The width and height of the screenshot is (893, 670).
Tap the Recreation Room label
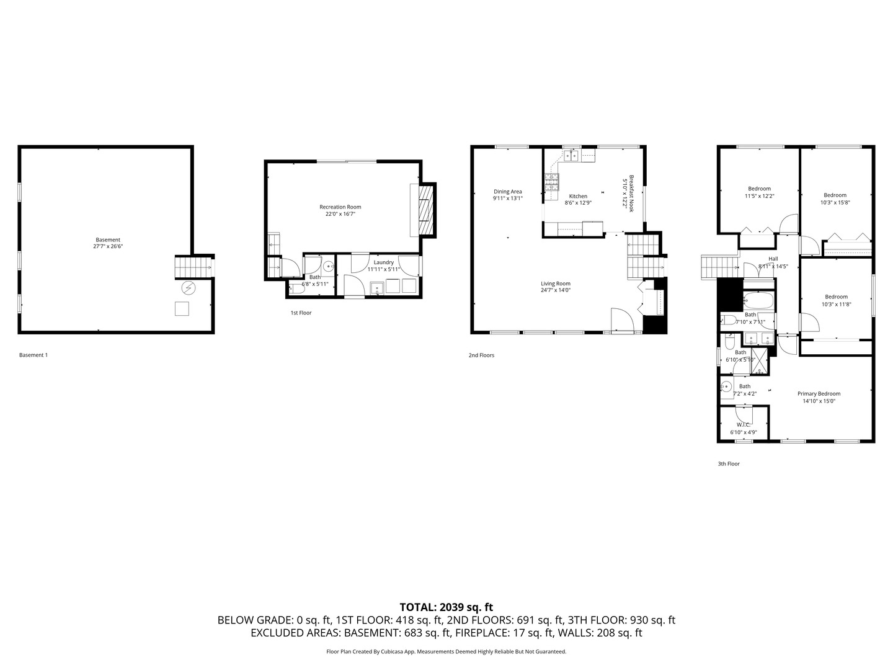coord(340,207)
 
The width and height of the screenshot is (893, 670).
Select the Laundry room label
coord(383,262)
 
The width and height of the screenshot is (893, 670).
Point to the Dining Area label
coord(507,192)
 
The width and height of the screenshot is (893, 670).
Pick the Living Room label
coord(555,284)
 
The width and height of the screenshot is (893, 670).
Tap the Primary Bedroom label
coord(819,394)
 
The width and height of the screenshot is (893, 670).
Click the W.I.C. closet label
coord(743,425)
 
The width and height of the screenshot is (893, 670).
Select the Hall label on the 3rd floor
coord(773,259)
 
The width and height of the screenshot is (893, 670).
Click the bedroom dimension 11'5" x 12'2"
coord(759,196)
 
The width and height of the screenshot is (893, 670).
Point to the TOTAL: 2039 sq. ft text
coord(446,607)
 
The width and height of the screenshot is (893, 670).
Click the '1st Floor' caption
coord(301,313)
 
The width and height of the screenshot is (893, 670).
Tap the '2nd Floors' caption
coord(481,355)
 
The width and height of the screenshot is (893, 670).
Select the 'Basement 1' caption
coord(33,355)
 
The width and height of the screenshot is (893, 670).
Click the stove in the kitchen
coord(551,181)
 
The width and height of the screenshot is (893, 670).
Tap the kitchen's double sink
coord(571,156)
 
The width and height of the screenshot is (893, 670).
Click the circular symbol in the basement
coord(188,288)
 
